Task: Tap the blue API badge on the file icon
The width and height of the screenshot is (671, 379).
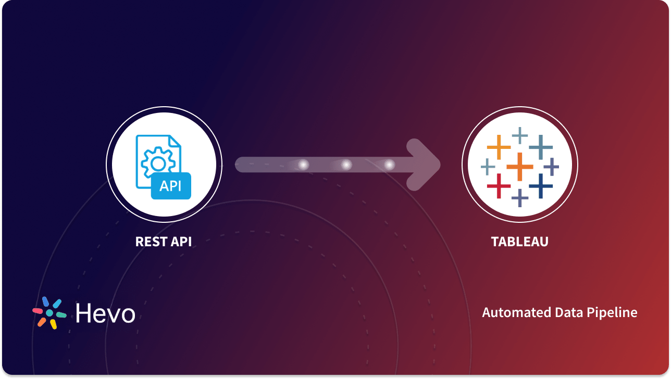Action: pos(171,186)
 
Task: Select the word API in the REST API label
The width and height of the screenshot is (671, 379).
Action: pos(178,242)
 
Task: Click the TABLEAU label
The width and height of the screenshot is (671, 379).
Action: pos(519,242)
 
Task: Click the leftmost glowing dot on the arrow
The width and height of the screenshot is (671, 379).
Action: pos(303,165)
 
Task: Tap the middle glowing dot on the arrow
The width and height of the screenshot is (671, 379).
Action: pos(346,165)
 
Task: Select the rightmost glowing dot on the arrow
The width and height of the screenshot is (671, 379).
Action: pos(389,165)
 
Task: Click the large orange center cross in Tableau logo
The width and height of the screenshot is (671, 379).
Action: pos(519,166)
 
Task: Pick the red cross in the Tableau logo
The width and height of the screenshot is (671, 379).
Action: pos(499,185)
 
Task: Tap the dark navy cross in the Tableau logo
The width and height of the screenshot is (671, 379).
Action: pos(541,185)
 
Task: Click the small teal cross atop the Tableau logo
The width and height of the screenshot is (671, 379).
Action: pos(519,135)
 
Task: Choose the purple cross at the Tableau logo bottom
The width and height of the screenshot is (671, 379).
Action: pos(519,197)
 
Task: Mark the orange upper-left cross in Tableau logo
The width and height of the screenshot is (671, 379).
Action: pos(499,147)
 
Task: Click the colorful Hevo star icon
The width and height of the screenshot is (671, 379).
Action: pos(49,313)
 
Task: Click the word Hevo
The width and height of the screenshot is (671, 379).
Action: pos(105,313)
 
